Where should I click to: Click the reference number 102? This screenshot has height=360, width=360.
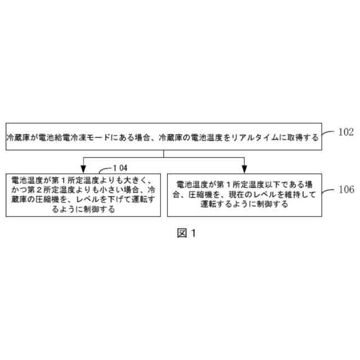coord(345,133)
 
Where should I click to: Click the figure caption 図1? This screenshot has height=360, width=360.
coord(186,232)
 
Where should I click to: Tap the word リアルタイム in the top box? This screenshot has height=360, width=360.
coord(251,137)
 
